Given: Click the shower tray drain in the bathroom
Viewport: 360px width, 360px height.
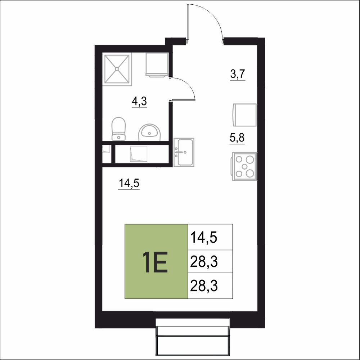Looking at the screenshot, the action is (x=117, y=69).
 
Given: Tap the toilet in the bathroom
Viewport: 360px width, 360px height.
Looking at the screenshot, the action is (x=118, y=129).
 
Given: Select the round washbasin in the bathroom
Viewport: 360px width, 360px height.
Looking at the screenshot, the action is (x=150, y=132).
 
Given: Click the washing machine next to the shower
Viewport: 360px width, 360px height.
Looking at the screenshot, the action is (x=157, y=65).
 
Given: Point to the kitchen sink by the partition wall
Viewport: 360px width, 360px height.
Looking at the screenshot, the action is (x=184, y=152).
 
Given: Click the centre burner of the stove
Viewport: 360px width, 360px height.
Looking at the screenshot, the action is (x=244, y=166).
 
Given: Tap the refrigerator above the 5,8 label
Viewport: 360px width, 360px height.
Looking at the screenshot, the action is (x=244, y=115).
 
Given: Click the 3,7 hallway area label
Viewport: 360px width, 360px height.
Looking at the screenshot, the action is (x=238, y=74).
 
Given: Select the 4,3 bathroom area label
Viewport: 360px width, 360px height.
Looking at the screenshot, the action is (x=139, y=101).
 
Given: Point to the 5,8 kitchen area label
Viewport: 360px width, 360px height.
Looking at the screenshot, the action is (x=237, y=138).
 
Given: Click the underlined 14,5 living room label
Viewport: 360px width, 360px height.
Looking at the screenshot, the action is (x=129, y=184).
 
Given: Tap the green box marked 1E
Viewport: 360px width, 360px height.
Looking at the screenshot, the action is (x=156, y=261).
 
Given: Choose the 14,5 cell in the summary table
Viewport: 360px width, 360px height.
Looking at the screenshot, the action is (x=210, y=237).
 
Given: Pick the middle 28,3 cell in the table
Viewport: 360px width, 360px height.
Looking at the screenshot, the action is (x=210, y=261).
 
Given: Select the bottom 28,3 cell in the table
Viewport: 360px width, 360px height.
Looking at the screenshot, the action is (x=210, y=286).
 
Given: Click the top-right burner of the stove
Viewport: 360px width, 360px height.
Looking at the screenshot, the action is (x=250, y=159).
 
